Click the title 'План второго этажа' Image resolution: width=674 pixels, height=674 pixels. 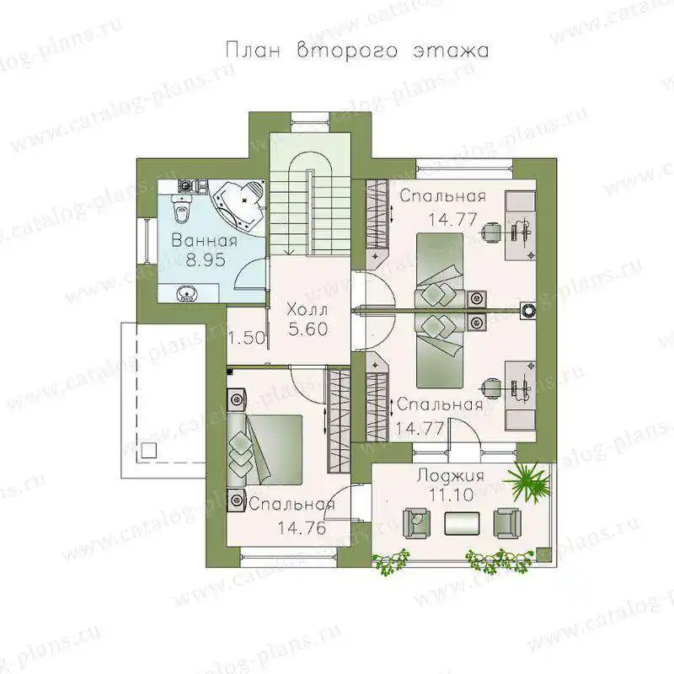pyautogui.click(x=356, y=51)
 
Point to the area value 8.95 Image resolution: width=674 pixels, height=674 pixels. pyautogui.click(x=206, y=259)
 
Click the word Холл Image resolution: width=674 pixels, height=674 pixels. pyautogui.click(x=307, y=309)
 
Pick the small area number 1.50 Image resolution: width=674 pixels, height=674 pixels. pyautogui.click(x=247, y=339)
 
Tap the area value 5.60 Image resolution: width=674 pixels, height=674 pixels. pyautogui.click(x=308, y=329)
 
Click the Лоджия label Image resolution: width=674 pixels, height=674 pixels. pyautogui.click(x=451, y=476)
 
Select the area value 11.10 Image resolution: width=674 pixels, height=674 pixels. pyautogui.click(x=451, y=495)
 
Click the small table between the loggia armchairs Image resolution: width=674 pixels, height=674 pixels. pyautogui.click(x=462, y=523)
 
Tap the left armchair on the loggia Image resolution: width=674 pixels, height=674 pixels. pyautogui.click(x=416, y=522)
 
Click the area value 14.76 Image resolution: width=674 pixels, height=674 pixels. pyautogui.click(x=302, y=528)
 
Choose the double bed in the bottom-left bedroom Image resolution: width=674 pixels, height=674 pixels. pyautogui.click(x=265, y=450)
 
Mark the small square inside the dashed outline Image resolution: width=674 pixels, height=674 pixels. pyautogui.click(x=149, y=451)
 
